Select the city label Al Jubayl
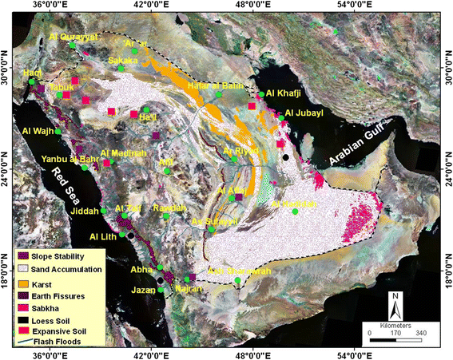pyautogui.click(x=300, y=113)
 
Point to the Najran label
pyautogui.click(x=181, y=289)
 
